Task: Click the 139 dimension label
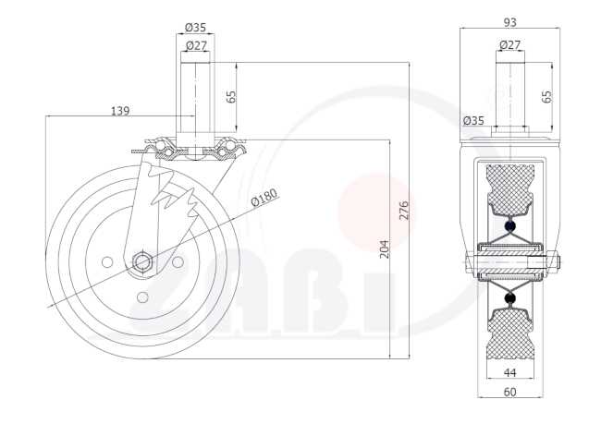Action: [120, 111]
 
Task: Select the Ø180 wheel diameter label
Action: [264, 198]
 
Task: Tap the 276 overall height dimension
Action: [404, 211]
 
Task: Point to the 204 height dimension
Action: [384, 249]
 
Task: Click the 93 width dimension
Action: [509, 22]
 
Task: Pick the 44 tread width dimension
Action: [509, 372]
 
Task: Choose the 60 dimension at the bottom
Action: [509, 392]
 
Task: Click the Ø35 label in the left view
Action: [195, 28]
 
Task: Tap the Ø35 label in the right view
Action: [473, 121]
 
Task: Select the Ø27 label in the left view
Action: [196, 45]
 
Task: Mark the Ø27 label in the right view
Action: [510, 45]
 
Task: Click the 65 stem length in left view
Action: [231, 97]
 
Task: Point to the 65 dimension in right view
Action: [546, 96]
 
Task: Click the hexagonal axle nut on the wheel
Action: [142, 262]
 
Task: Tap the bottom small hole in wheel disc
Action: [142, 297]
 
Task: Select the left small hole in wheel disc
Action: [107, 262]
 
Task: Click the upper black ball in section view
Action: [509, 226]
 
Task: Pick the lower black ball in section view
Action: [509, 298]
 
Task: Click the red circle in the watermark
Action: [377, 213]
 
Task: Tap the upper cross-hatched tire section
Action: [510, 189]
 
